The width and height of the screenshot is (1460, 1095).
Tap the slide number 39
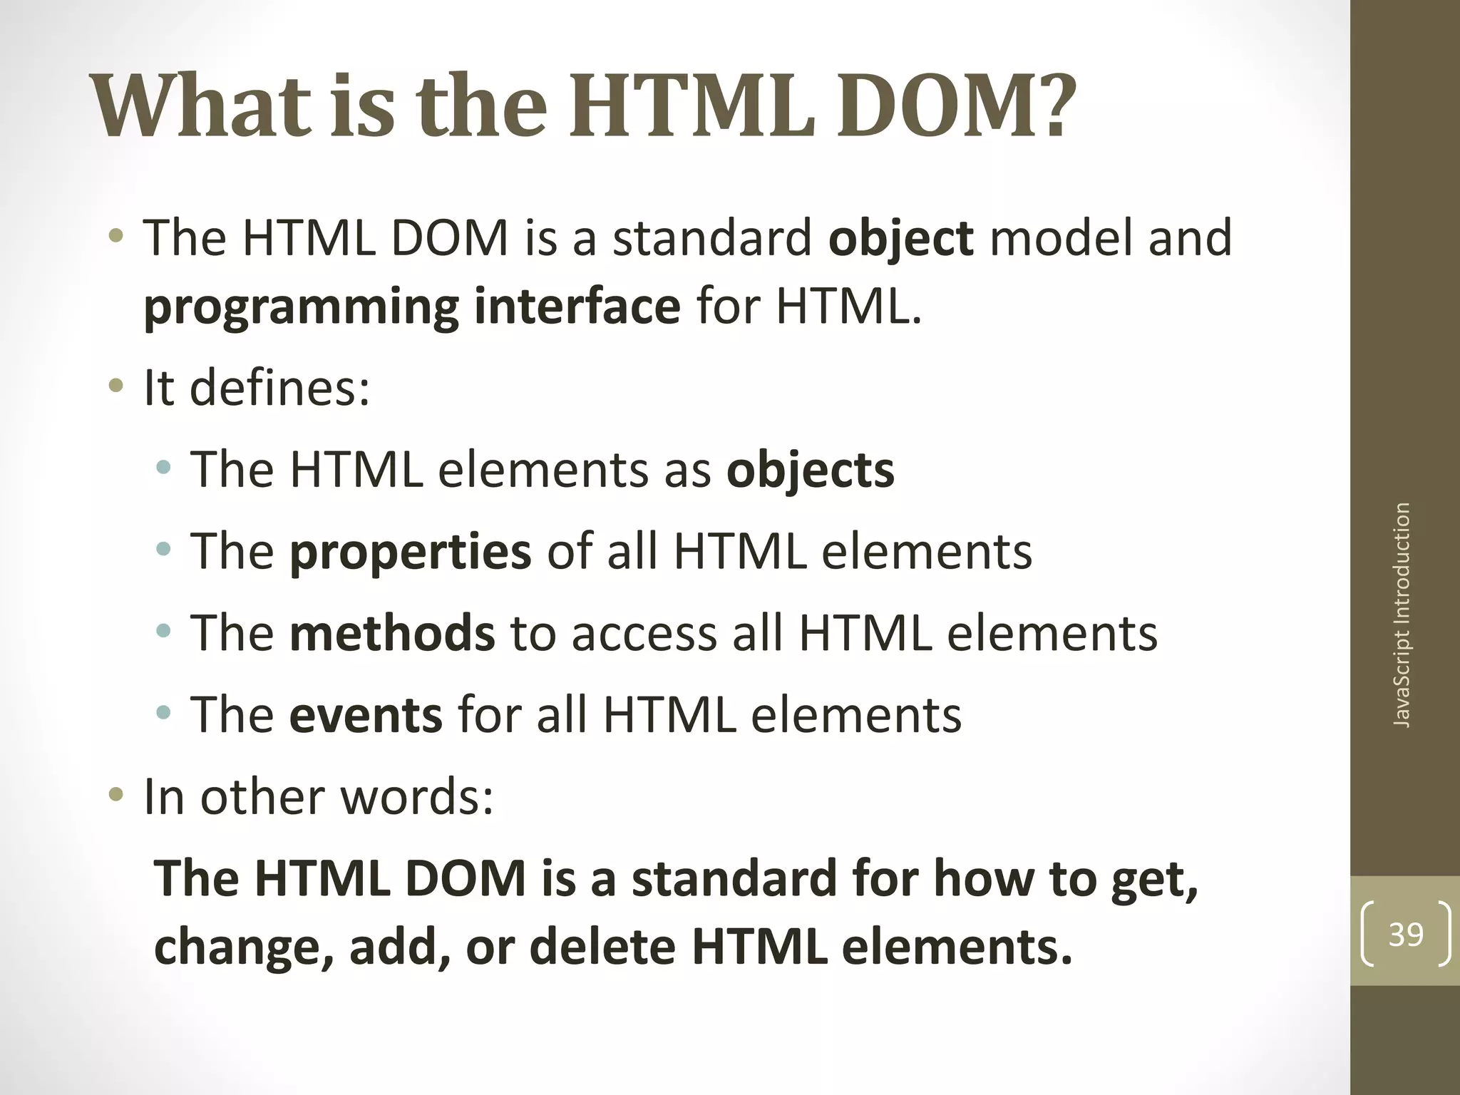(x=1406, y=934)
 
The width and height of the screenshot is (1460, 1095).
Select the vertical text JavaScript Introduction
(x=1402, y=615)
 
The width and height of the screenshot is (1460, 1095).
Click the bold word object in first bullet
(x=900, y=238)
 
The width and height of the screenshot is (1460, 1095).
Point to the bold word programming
(x=300, y=308)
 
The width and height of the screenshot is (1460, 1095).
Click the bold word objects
(x=810, y=471)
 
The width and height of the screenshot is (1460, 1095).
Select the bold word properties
(x=410, y=552)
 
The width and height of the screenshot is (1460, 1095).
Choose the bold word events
(x=366, y=715)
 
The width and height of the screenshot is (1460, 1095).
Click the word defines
(x=279, y=389)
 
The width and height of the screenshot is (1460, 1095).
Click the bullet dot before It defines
(x=115, y=389)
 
